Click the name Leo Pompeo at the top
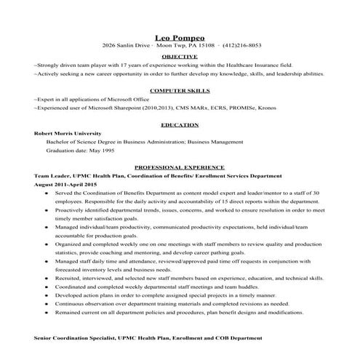[x=179, y=34]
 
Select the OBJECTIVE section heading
[x=179, y=56]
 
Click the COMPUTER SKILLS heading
[x=179, y=91]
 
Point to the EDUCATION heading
[x=179, y=125]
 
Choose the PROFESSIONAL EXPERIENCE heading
[x=179, y=167]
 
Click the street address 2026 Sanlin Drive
[x=131, y=44]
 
